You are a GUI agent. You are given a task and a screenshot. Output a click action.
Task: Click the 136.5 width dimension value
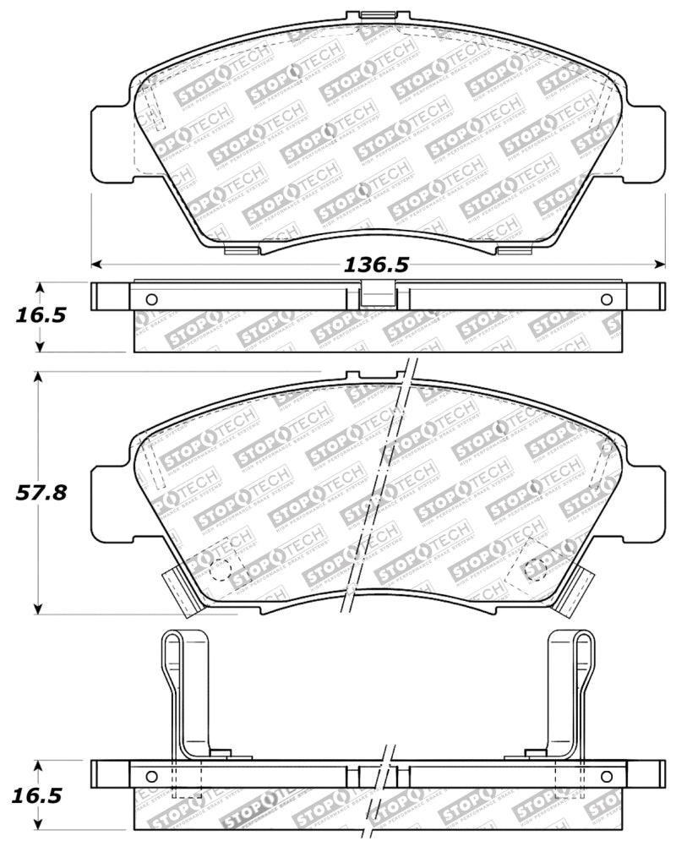pyautogui.click(x=376, y=265)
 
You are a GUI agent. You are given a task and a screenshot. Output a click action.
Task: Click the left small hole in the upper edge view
pyautogui.click(x=152, y=299)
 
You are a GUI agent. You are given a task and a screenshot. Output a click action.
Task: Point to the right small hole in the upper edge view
pyautogui.click(x=606, y=299)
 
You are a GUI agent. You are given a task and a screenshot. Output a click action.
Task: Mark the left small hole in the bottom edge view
pyautogui.click(x=152, y=777)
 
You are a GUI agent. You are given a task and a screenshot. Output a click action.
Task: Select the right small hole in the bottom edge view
pyautogui.click(x=606, y=777)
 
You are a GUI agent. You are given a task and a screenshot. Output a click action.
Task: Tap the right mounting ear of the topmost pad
pyautogui.click(x=647, y=144)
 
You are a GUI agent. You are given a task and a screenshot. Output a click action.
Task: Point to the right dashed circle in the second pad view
pyautogui.click(x=534, y=569)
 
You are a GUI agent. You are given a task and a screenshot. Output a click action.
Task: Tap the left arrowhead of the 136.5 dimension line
pyautogui.click(x=95, y=264)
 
